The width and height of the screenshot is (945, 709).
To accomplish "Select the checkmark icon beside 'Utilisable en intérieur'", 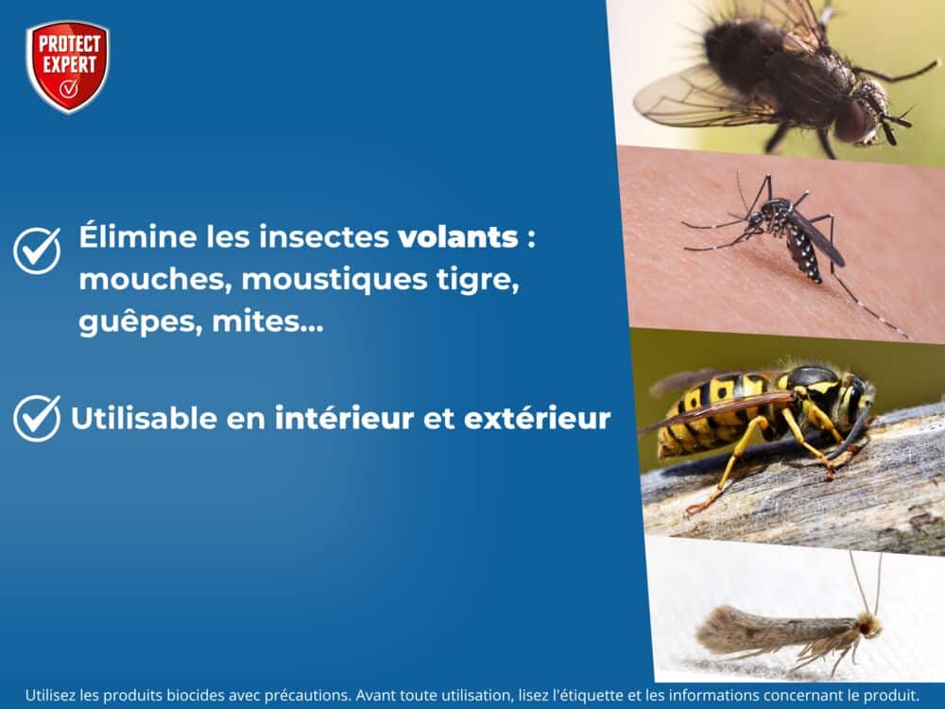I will [x=37, y=418].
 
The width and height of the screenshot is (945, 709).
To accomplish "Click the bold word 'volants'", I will [x=457, y=236].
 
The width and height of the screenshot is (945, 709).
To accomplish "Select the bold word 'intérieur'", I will [x=344, y=418].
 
